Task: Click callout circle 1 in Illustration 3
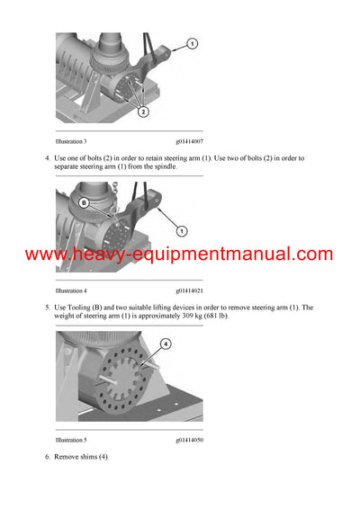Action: pyautogui.click(x=193, y=43)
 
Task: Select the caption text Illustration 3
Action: pyautogui.click(x=71, y=141)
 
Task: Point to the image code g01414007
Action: pyautogui.click(x=189, y=141)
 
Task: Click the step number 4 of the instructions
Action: pyautogui.click(x=47, y=158)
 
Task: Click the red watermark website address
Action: pyautogui.click(x=179, y=254)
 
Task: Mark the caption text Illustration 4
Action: pyautogui.click(x=71, y=290)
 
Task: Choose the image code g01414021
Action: pyautogui.click(x=189, y=290)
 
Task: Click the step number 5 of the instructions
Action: pyautogui.click(x=47, y=308)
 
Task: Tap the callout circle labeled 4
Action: pyautogui.click(x=166, y=344)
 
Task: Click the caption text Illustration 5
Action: pyautogui.click(x=71, y=440)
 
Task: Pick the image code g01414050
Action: pyautogui.click(x=189, y=440)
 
